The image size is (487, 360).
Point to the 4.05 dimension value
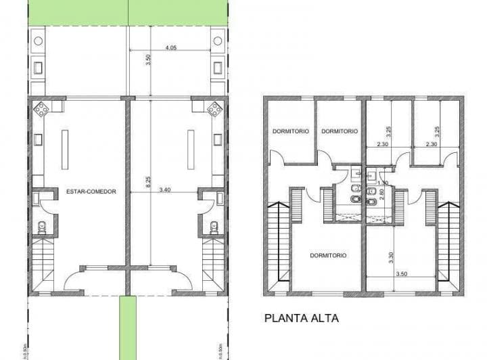click(x=170, y=48)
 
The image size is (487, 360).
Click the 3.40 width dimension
click(x=164, y=192)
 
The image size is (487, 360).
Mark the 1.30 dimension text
click(x=382, y=183)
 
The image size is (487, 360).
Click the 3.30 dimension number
click(x=390, y=258)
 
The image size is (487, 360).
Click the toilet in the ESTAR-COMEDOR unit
click(x=42, y=227)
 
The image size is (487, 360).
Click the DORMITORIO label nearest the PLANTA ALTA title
click(x=328, y=255)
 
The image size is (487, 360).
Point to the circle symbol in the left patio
click(x=38, y=41)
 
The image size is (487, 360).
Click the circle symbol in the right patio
click(x=218, y=41)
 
